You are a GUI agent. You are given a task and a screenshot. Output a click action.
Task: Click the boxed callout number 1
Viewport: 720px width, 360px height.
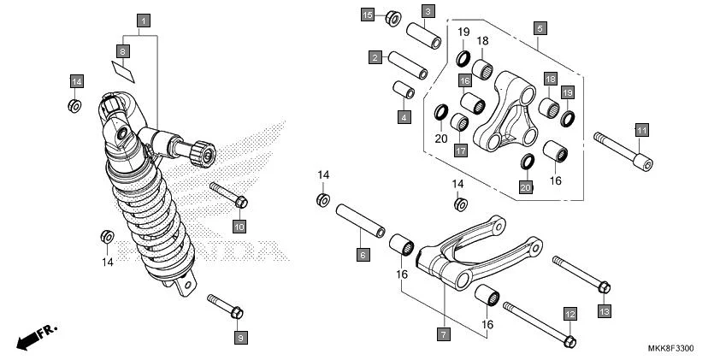click(x=144, y=19)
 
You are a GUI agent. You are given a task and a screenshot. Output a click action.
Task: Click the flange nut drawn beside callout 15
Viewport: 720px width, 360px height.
click(x=394, y=16)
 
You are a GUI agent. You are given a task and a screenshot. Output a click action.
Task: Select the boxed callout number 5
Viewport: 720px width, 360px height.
click(x=540, y=27)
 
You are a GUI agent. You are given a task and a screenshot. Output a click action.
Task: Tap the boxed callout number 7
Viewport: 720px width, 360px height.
click(x=444, y=335)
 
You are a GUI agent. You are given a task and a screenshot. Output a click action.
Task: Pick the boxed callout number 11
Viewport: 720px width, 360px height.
click(x=641, y=130)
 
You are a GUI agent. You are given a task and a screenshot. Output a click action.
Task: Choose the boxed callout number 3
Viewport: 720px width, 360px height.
click(x=428, y=11)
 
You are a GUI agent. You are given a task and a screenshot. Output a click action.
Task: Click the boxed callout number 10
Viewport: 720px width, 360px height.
click(x=239, y=226)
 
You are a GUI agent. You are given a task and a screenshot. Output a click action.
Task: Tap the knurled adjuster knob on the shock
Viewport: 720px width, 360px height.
click(x=204, y=154)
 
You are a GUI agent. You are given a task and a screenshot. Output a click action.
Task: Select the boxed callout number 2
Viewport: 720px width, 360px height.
click(x=375, y=57)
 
